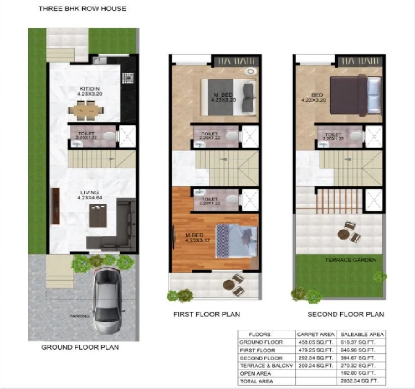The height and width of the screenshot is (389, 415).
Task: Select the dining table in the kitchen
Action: pyautogui.click(x=86, y=110)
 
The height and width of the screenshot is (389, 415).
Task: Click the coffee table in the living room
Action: pyautogui.click(x=98, y=216)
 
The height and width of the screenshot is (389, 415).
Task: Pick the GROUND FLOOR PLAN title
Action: pyautogui.click(x=80, y=347)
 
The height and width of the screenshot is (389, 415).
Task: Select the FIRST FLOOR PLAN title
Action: pyautogui.click(x=207, y=314)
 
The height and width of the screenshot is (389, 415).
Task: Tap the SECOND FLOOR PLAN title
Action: pyautogui.click(x=346, y=314)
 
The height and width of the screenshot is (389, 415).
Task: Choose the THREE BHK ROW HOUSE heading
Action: pyautogui.click(x=82, y=8)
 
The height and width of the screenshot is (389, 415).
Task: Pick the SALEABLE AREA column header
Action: pyautogui.click(x=362, y=334)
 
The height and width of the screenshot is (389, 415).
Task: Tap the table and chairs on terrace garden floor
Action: pyautogui.click(x=348, y=231)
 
